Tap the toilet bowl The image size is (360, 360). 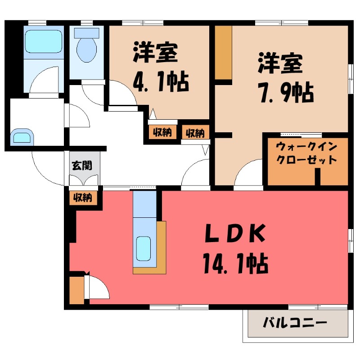86,49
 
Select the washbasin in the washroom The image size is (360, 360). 22,136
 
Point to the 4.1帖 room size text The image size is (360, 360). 160,82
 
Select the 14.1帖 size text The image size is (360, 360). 235,263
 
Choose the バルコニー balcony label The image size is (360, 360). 294,323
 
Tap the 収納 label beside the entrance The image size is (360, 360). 83,197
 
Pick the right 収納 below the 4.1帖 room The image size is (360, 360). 194,133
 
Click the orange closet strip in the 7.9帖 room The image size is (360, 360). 223,52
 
